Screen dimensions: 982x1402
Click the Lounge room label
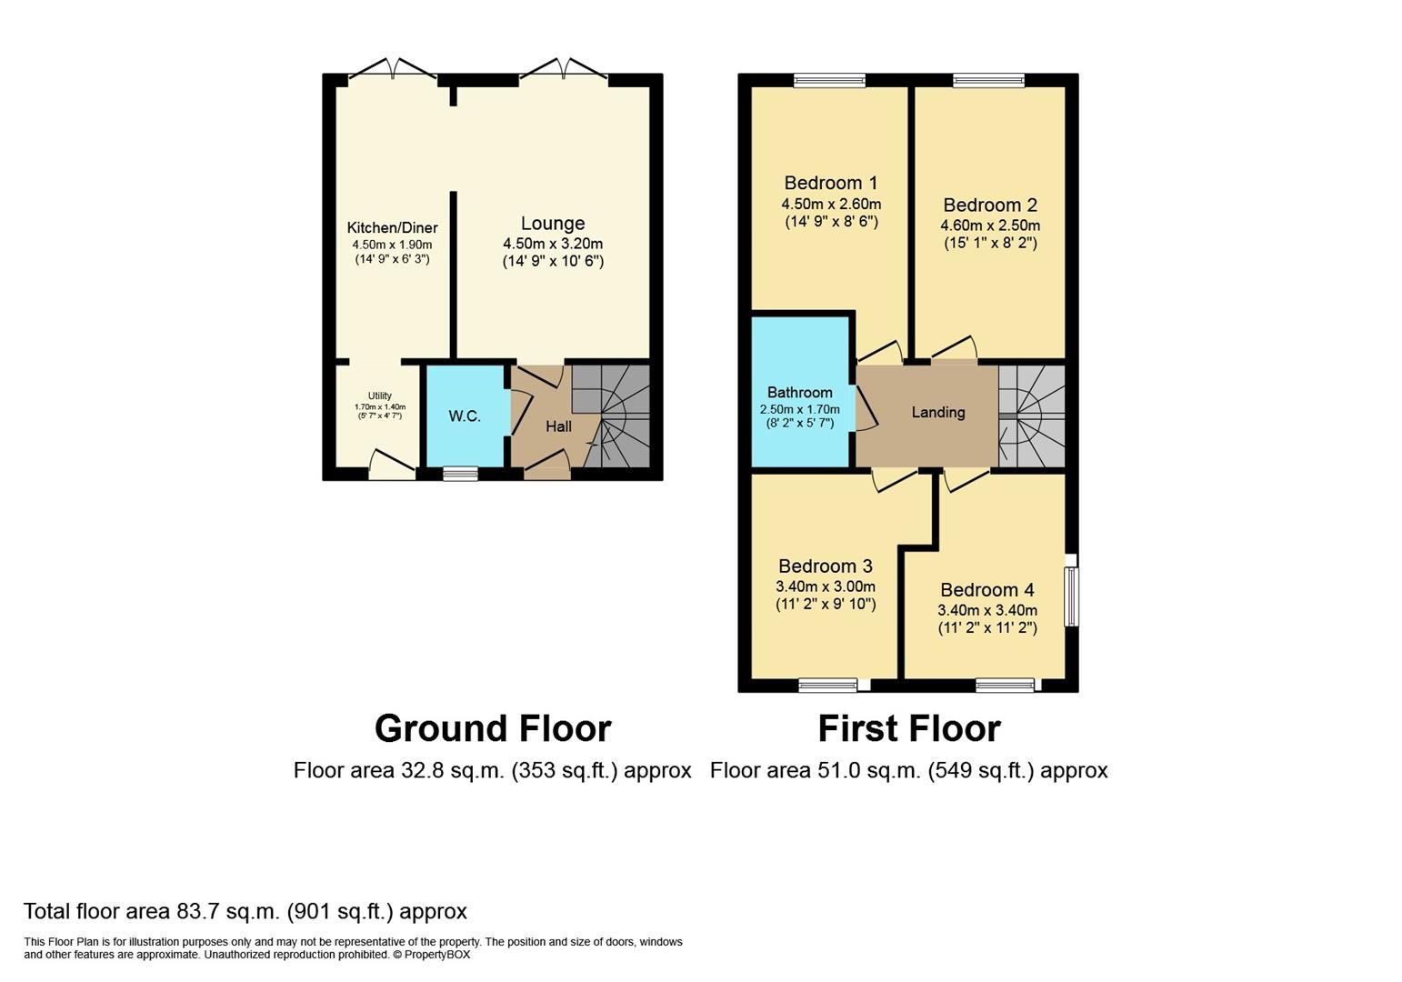click(x=552, y=224)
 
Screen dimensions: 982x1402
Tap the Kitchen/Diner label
click(x=392, y=228)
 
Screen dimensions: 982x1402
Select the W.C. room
click(x=465, y=416)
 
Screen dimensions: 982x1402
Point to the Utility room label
click(x=379, y=396)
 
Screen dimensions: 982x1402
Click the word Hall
click(x=558, y=426)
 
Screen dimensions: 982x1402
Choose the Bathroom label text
click(x=799, y=393)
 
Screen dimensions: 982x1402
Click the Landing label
click(x=937, y=413)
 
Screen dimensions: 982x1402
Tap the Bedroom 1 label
click(x=830, y=183)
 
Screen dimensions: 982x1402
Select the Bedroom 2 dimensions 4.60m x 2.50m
click(x=989, y=225)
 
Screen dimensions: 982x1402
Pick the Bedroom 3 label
click(x=825, y=566)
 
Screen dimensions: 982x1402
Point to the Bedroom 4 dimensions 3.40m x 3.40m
click(x=986, y=610)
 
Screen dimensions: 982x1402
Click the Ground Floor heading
click(x=492, y=729)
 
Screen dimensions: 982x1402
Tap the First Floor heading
click(x=908, y=729)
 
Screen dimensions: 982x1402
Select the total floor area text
click(x=245, y=911)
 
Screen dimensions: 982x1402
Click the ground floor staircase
click(x=617, y=417)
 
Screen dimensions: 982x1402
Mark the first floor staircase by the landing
click(x=1032, y=416)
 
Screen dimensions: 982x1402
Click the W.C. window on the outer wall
click(x=460, y=473)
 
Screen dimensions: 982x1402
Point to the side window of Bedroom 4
click(x=1071, y=596)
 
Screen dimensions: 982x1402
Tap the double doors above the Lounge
click(x=563, y=70)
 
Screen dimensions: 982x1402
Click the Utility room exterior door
click(x=392, y=466)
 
